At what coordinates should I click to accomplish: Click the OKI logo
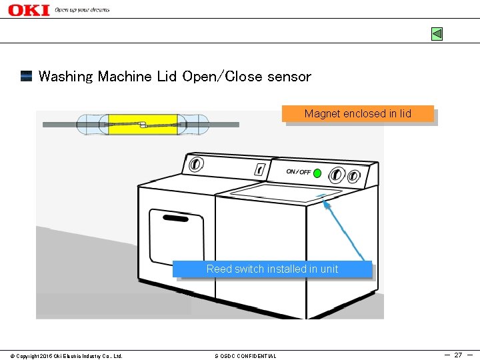[x=29, y=10]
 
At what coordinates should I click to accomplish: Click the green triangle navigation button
[x=437, y=34]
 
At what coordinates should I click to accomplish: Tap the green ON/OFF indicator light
[x=317, y=173]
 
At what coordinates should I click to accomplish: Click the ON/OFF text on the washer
[x=299, y=172]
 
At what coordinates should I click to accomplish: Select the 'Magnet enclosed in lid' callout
[x=358, y=114]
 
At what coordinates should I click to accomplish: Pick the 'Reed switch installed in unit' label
[x=272, y=269]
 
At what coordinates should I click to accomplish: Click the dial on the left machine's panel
[x=195, y=163]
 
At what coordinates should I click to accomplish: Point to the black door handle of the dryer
[x=175, y=218]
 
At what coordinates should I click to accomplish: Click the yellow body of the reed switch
[x=142, y=124]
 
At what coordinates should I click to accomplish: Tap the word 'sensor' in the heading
[x=289, y=77]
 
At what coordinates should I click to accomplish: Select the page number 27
[x=458, y=355]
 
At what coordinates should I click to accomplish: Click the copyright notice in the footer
[x=66, y=356]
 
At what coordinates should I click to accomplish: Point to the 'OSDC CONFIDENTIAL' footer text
[x=245, y=356]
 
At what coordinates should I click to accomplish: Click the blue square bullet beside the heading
[x=27, y=76]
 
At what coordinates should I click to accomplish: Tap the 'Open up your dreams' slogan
[x=82, y=10]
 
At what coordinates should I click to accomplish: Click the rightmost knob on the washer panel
[x=354, y=177]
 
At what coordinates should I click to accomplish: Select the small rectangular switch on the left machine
[x=260, y=169]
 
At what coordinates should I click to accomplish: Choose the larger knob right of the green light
[x=338, y=175]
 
